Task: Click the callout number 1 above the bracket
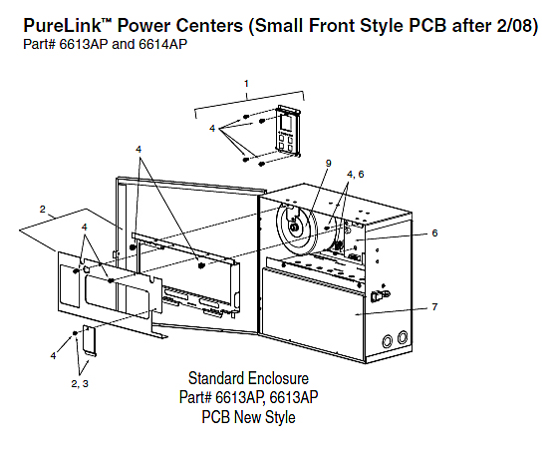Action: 246,84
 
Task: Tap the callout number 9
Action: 329,164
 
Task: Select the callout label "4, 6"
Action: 356,175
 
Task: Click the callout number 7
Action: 434,306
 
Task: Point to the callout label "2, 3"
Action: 80,384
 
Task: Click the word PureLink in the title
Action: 63,26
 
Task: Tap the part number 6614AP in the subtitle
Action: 162,44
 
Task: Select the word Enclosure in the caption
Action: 278,378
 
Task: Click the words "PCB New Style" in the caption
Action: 248,417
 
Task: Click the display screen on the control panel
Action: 286,123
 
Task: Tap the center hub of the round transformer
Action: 294,228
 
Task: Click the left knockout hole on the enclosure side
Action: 388,341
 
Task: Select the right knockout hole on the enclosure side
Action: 403,337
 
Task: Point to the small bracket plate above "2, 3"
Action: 89,340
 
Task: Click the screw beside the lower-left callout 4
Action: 75,333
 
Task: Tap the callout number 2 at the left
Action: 43,210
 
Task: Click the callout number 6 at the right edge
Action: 434,232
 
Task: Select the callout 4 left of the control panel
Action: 212,128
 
